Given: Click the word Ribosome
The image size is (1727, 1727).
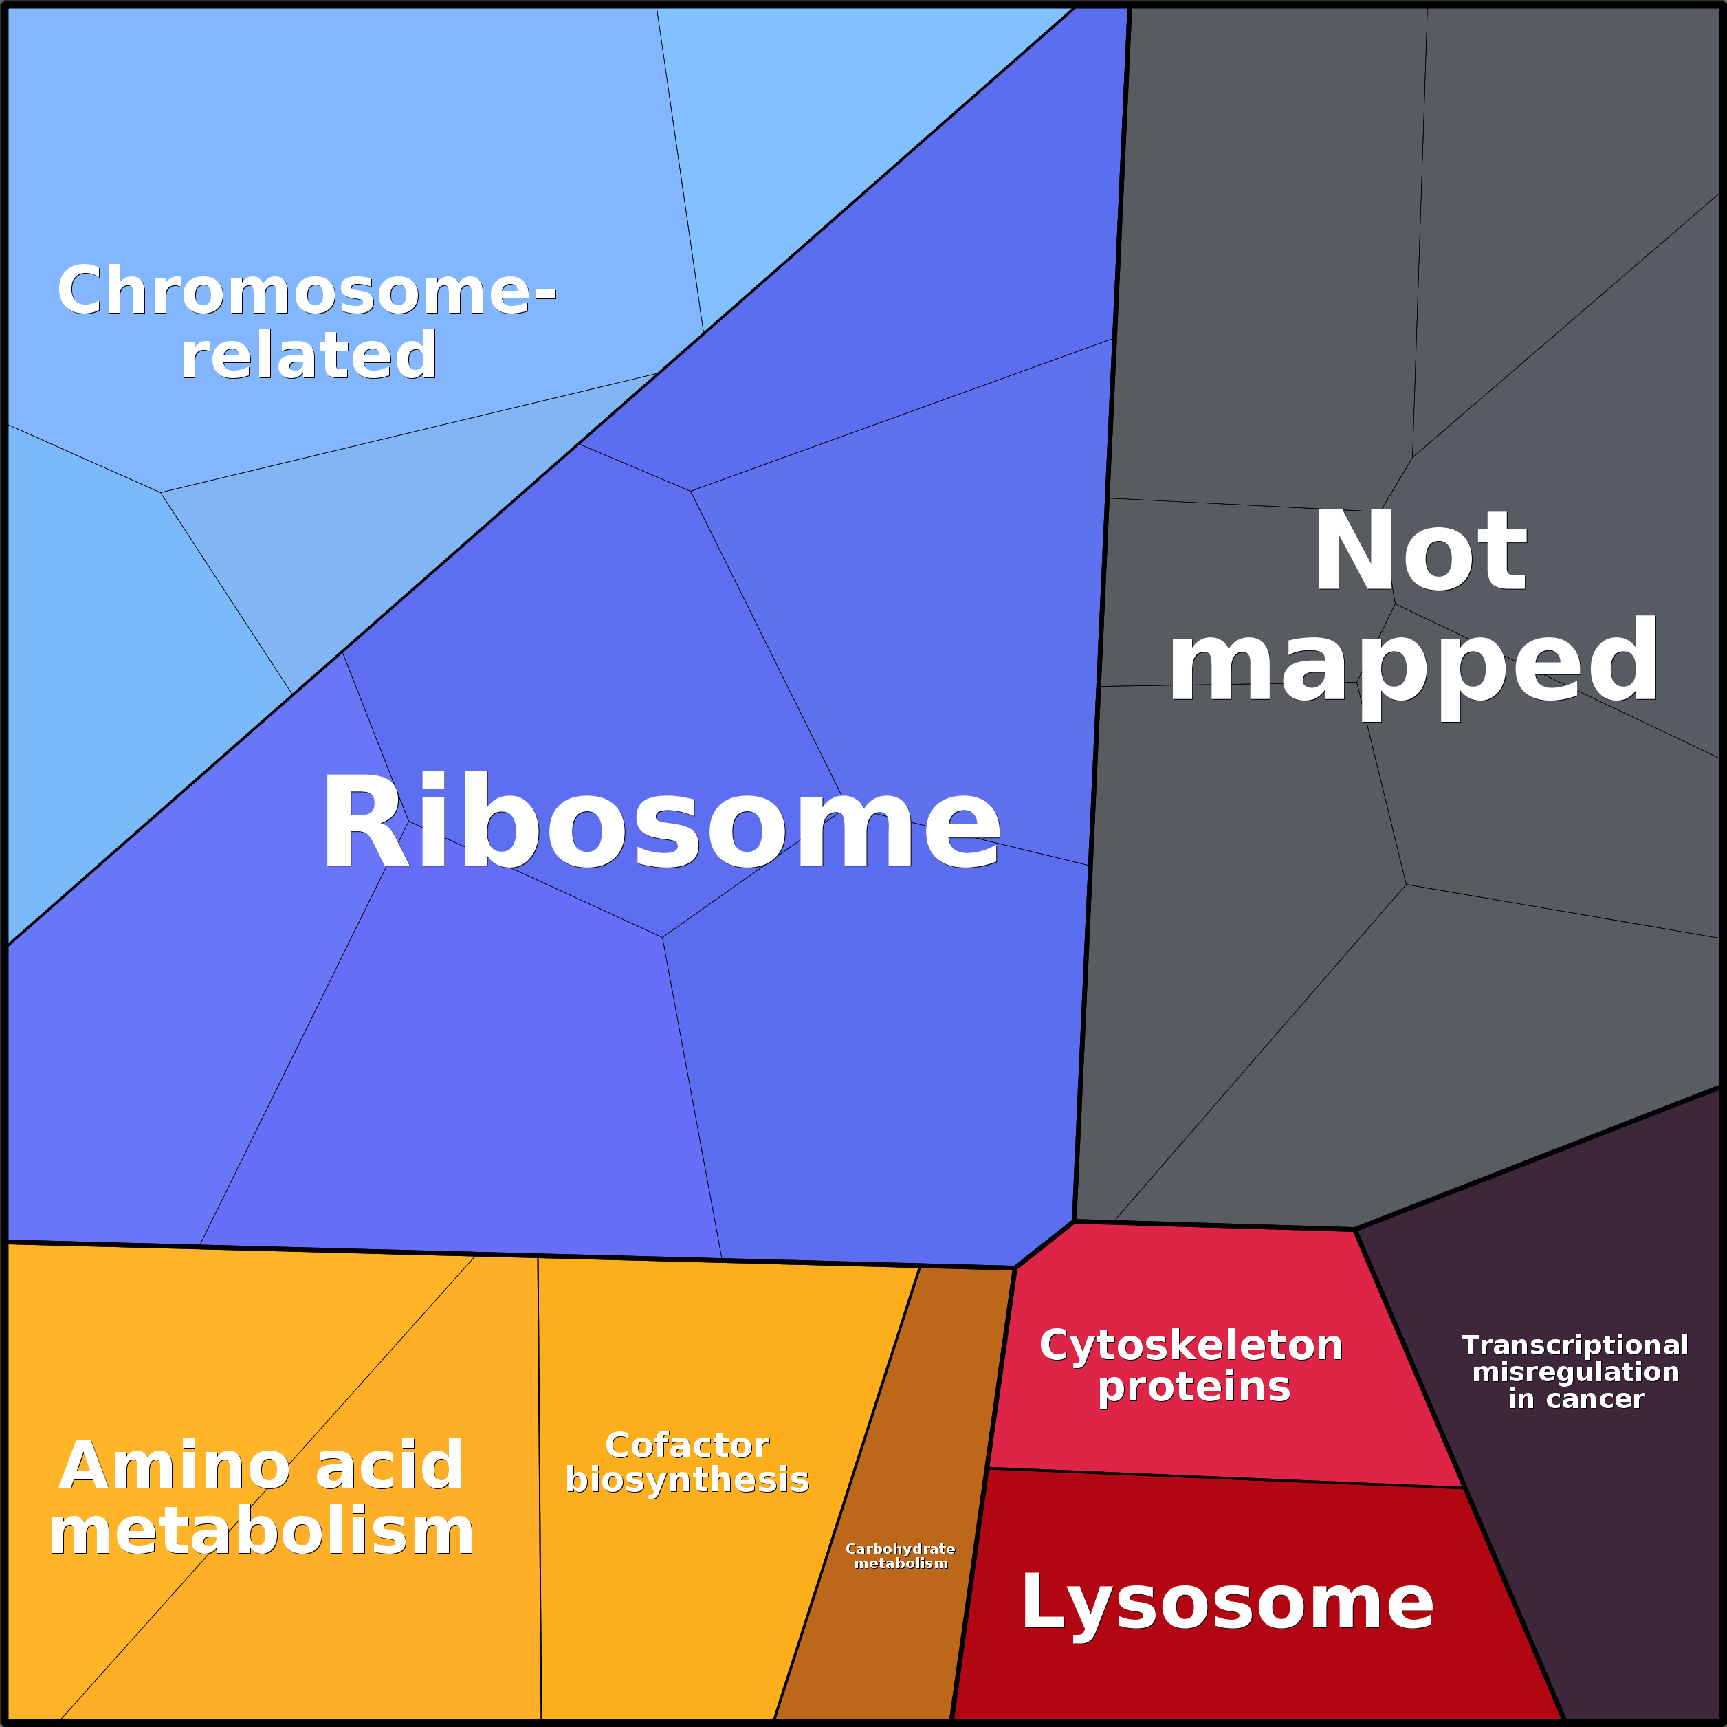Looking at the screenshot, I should [x=660, y=822].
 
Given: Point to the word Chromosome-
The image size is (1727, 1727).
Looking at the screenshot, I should [x=307, y=291].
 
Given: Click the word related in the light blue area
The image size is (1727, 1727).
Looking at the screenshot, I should [x=309, y=355].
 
